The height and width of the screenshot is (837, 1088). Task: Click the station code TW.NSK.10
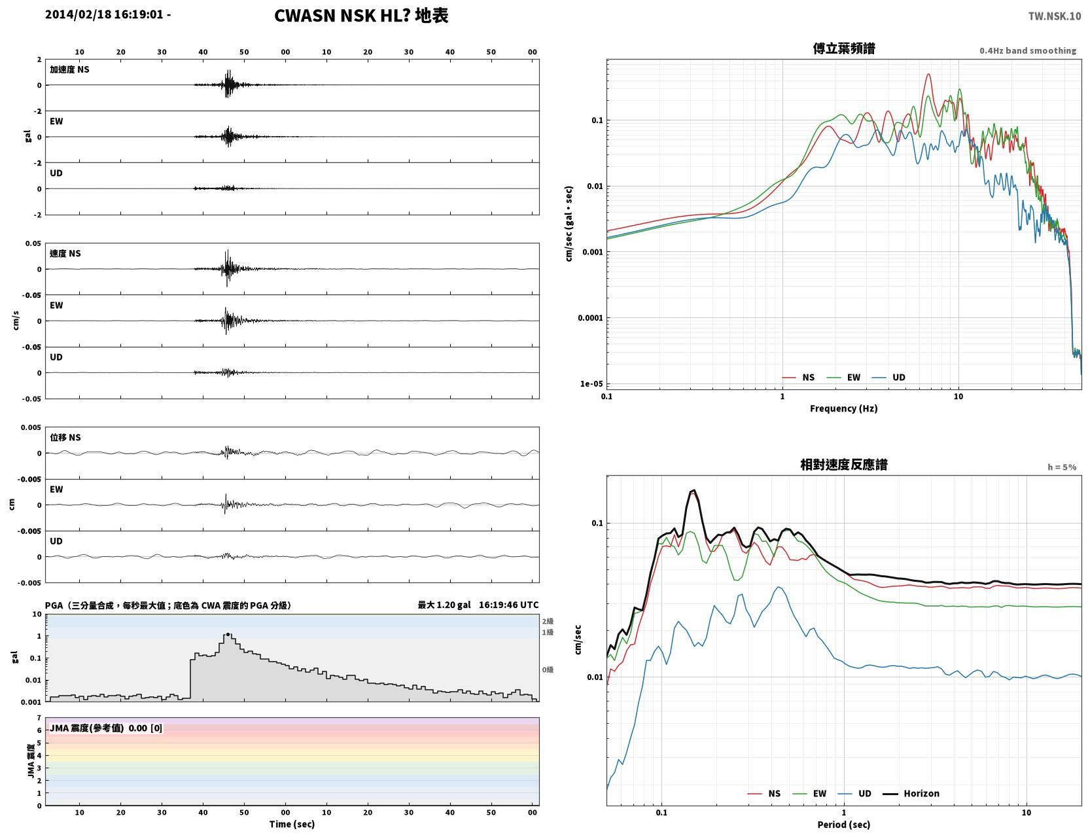(x=1054, y=16)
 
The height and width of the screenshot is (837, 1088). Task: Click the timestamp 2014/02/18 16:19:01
(x=104, y=14)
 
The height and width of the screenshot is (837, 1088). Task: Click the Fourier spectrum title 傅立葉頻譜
(x=843, y=48)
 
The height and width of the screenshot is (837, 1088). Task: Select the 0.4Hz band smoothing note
(x=1027, y=50)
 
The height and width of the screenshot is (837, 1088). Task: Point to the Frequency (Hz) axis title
(x=843, y=408)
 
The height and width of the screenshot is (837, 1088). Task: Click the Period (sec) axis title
(x=843, y=825)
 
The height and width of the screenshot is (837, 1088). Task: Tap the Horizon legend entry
(x=911, y=793)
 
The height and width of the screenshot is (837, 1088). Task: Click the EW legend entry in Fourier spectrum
(x=844, y=378)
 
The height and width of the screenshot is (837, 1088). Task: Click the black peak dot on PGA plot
(x=228, y=634)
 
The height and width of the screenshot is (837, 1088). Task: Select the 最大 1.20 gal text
(x=444, y=605)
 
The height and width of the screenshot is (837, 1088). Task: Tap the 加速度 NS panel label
(x=69, y=69)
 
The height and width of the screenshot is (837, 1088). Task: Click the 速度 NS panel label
(x=65, y=253)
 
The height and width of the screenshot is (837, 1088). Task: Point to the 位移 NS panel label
(x=65, y=438)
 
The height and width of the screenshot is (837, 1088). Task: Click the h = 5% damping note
(x=1061, y=467)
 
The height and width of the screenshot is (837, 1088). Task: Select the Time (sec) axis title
(x=292, y=824)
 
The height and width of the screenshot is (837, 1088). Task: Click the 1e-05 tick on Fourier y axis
(x=591, y=384)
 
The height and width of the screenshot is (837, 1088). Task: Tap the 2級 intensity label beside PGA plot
(x=548, y=621)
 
